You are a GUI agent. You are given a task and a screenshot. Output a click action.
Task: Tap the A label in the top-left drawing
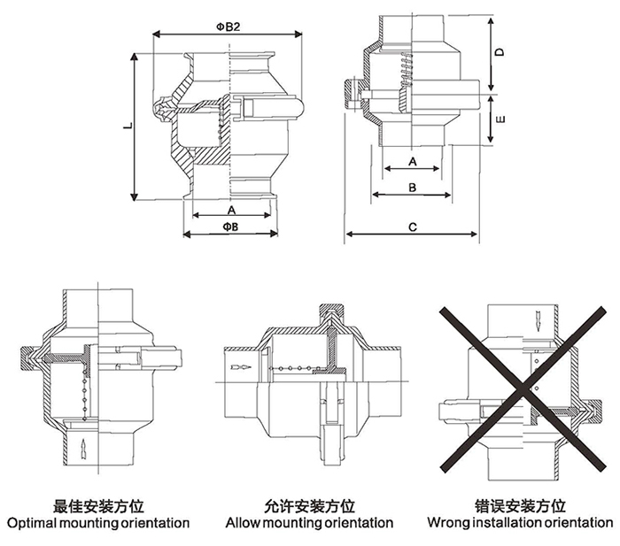[231, 211]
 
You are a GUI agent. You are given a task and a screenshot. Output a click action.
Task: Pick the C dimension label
[413, 227]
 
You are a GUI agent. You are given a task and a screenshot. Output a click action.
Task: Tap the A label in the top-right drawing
[413, 162]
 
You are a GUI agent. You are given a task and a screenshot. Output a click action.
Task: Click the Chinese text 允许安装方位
[309, 506]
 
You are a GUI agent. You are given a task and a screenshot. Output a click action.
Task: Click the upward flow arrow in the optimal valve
[81, 446]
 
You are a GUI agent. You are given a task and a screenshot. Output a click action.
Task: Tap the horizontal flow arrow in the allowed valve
[236, 365]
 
